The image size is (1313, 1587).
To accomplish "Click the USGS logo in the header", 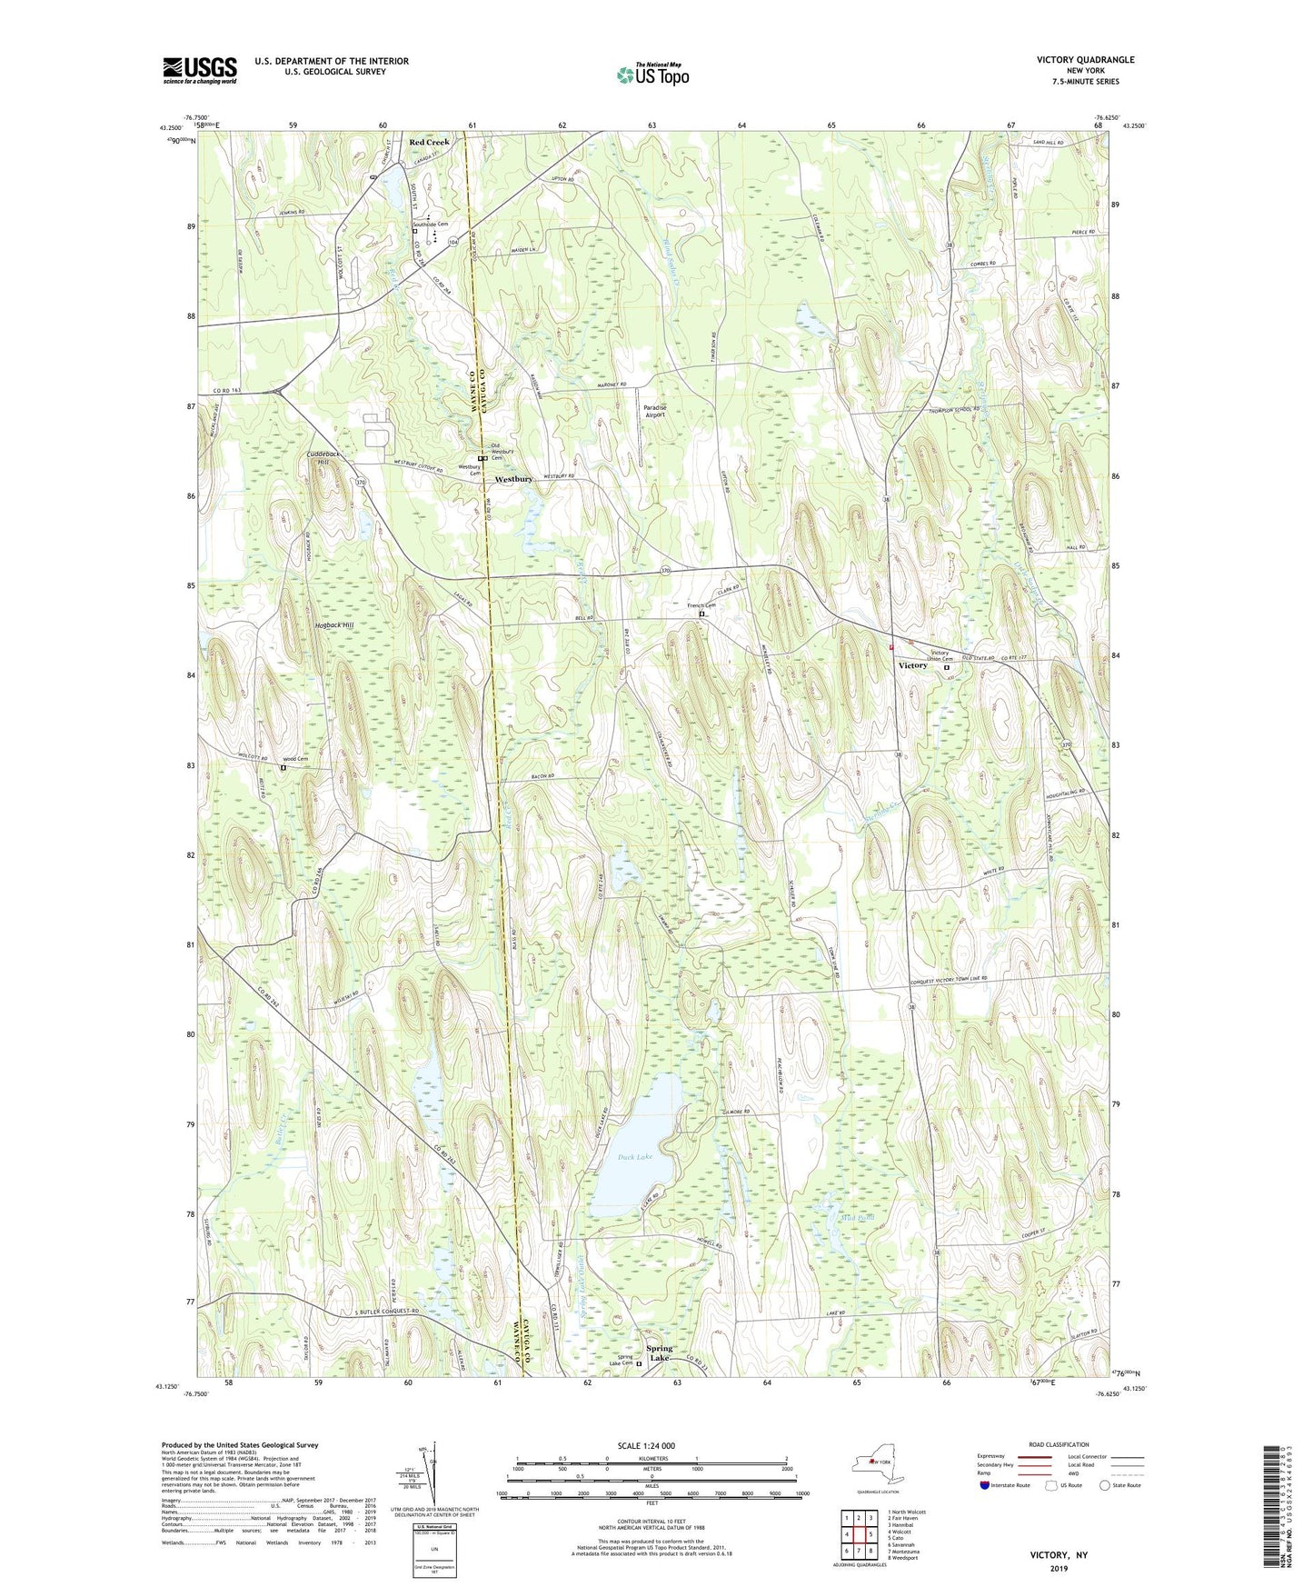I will (200, 70).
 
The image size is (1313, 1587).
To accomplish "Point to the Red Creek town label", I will (429, 143).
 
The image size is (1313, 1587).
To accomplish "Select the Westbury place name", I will (513, 479).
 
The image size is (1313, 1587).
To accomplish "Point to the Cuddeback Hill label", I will (325, 458).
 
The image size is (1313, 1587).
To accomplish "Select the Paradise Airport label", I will (654, 412).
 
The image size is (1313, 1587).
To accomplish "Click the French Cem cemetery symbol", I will (701, 614).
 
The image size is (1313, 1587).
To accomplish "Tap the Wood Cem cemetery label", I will (295, 759).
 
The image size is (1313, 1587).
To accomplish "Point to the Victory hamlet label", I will (912, 665).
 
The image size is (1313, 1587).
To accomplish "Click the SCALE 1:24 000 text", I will (645, 1446).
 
